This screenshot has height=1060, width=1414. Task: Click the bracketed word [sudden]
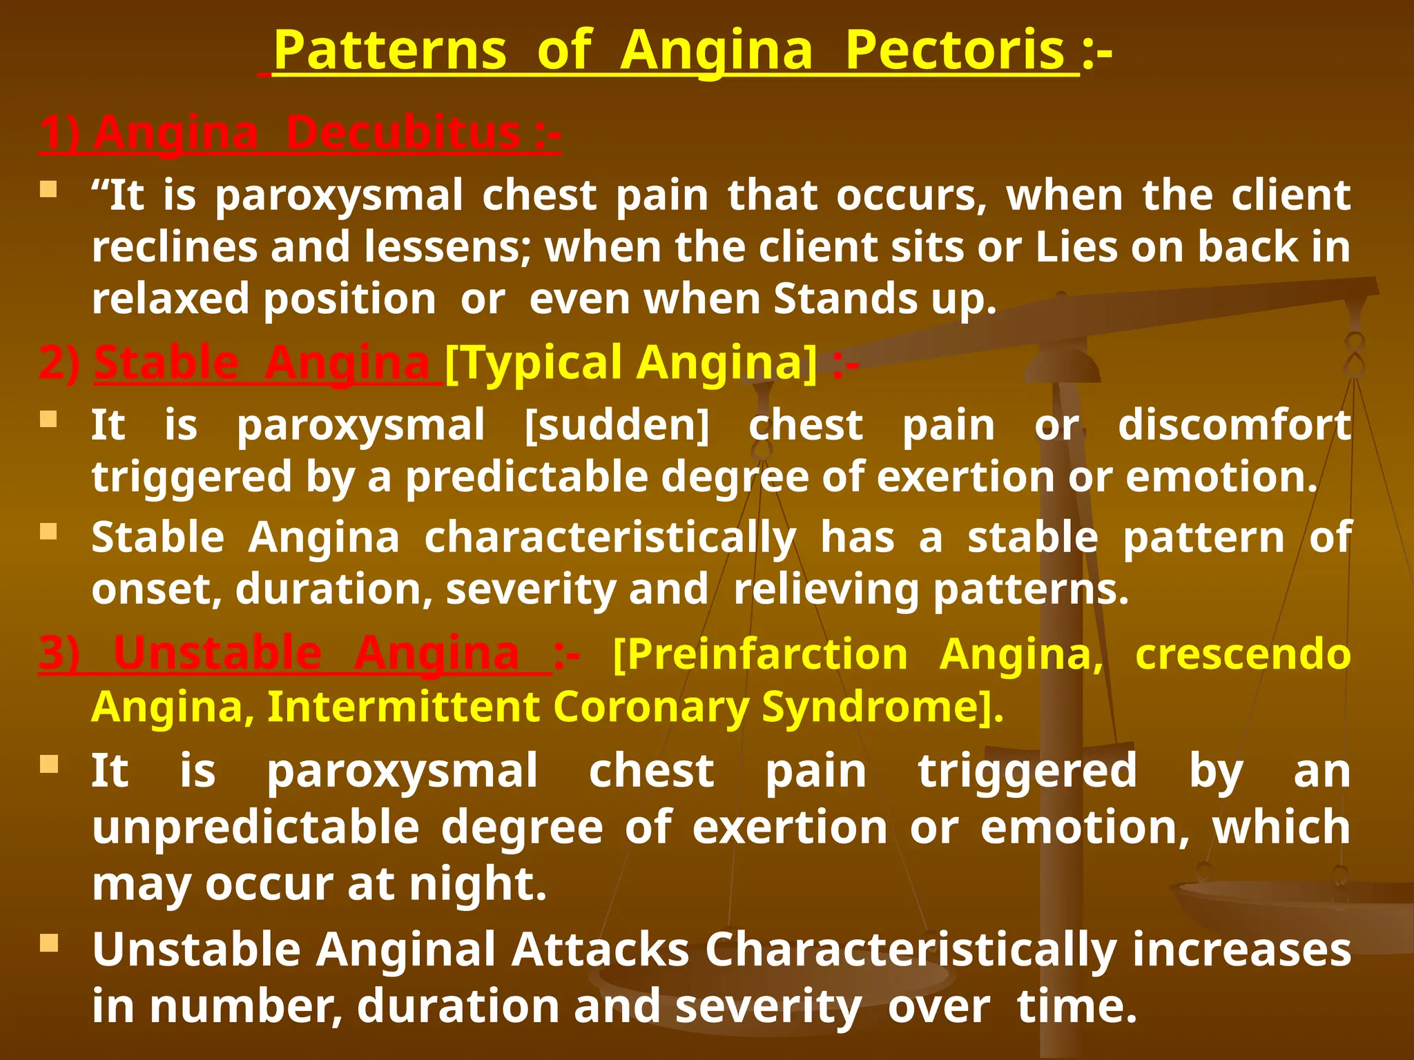point(617,424)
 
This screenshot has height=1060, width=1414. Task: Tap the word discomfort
point(1234,424)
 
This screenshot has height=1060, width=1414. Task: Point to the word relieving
point(826,589)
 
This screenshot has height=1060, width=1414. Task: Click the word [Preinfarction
point(759,654)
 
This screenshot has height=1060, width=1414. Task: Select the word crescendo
point(1243,654)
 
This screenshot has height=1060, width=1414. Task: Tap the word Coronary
point(651,707)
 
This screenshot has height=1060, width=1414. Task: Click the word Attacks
point(600,950)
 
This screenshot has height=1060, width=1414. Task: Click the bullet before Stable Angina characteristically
point(49,531)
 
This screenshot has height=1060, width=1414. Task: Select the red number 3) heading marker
point(59,654)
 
